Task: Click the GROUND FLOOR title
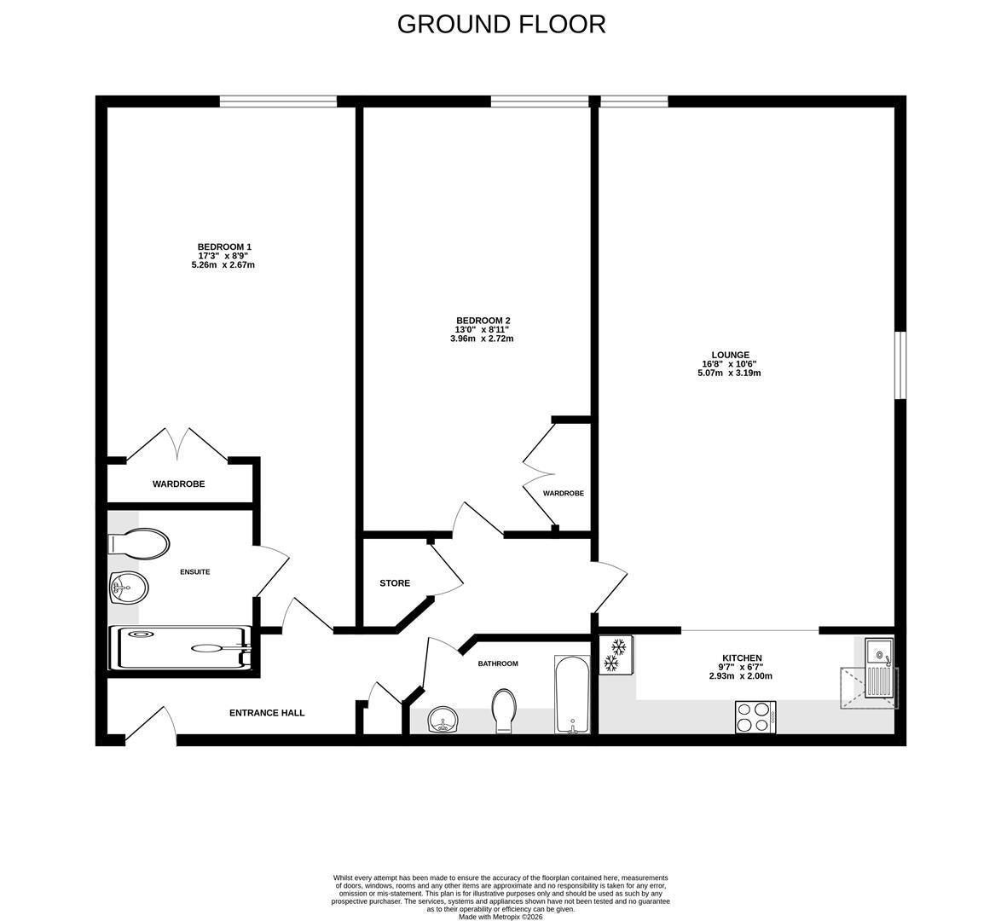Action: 501,24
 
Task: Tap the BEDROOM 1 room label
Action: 224,246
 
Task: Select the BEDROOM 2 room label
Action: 483,321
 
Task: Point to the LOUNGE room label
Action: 731,355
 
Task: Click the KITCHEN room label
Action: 742,657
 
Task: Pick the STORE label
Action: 395,583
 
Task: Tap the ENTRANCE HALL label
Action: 267,713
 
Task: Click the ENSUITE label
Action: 194,572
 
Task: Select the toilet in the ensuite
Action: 139,543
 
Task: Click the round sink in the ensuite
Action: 129,587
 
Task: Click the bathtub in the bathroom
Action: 573,694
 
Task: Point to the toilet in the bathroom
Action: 504,710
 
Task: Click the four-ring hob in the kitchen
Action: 755,716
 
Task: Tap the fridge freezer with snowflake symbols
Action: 616,655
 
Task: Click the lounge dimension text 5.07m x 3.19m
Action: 730,373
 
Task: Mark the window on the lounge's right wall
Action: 900,365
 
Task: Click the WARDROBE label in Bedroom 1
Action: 179,484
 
